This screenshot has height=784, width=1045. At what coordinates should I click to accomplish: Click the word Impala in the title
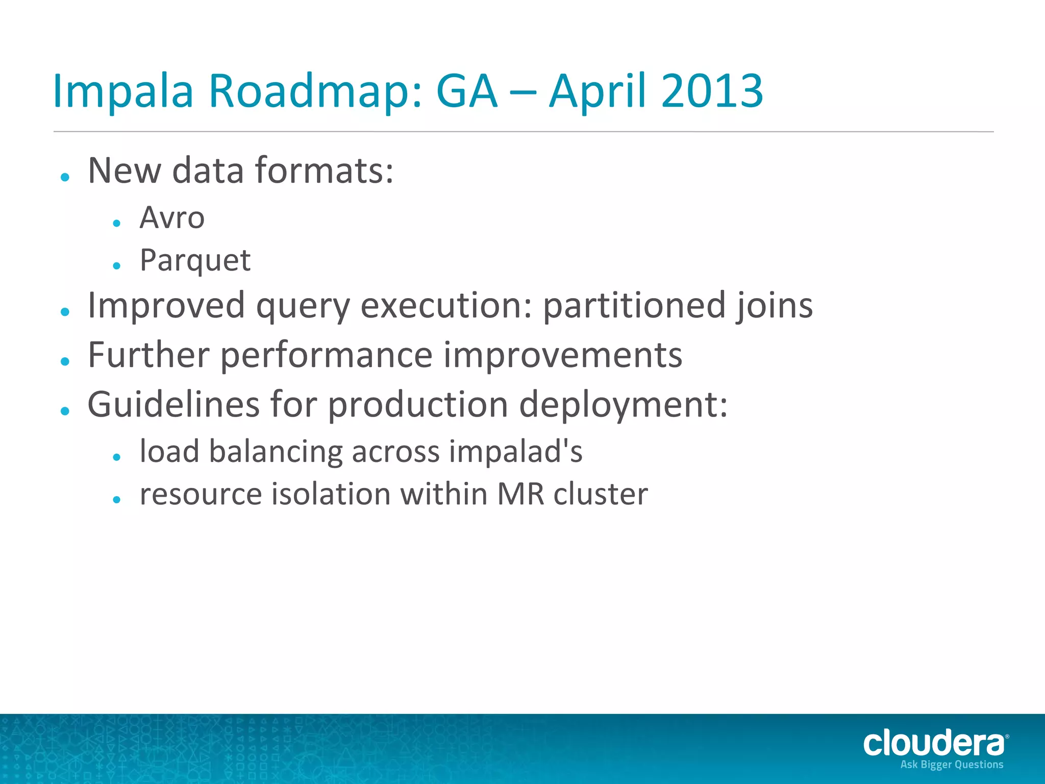[x=122, y=92]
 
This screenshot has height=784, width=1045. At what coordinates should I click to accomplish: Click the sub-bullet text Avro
[x=172, y=218]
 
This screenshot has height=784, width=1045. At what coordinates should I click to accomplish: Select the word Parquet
[x=195, y=261]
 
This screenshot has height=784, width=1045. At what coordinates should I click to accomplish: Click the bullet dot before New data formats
[x=65, y=177]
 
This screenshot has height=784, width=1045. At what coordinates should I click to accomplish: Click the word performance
[x=327, y=356]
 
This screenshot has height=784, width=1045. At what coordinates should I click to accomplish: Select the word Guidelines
[x=173, y=404]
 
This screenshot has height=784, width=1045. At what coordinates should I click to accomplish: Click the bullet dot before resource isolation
[x=117, y=500]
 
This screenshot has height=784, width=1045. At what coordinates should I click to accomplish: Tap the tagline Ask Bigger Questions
[x=952, y=765]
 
